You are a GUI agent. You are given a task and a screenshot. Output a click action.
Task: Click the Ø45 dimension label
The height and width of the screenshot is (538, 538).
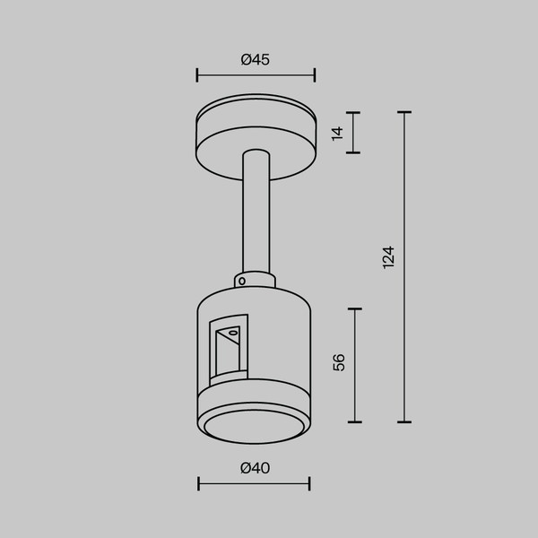point(256,60)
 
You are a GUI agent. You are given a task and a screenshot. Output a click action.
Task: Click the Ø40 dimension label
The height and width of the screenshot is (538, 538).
point(256,468)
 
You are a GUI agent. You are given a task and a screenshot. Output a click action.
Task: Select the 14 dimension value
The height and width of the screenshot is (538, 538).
point(337,133)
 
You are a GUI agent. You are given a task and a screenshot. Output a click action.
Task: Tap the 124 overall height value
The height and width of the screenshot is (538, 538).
point(387,257)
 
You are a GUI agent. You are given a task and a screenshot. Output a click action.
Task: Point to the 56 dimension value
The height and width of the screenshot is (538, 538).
point(339,362)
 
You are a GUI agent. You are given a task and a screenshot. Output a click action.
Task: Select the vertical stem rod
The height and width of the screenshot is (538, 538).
point(256,215)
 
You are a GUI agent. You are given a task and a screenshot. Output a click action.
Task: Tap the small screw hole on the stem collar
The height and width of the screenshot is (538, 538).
point(241,281)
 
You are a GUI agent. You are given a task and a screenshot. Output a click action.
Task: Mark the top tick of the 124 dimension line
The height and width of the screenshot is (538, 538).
point(404,112)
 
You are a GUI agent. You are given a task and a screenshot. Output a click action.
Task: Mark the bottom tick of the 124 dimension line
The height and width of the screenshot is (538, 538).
point(404,421)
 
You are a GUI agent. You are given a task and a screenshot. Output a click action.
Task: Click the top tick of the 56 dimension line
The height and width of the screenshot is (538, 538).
point(356,309)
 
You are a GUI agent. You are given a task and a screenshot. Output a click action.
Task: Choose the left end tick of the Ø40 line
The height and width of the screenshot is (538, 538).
point(199,484)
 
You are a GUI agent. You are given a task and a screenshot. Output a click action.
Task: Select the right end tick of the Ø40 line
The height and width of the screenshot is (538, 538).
point(309,484)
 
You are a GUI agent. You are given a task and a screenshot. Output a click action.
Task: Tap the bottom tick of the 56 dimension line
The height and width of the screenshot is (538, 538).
point(356,421)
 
